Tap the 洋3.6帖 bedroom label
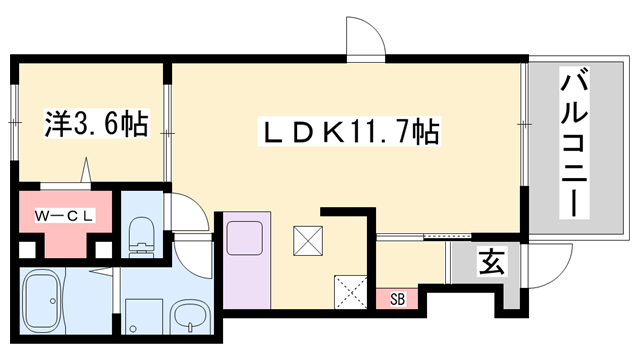95,125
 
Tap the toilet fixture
141,237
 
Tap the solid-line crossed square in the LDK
307,241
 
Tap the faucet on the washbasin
186,330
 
